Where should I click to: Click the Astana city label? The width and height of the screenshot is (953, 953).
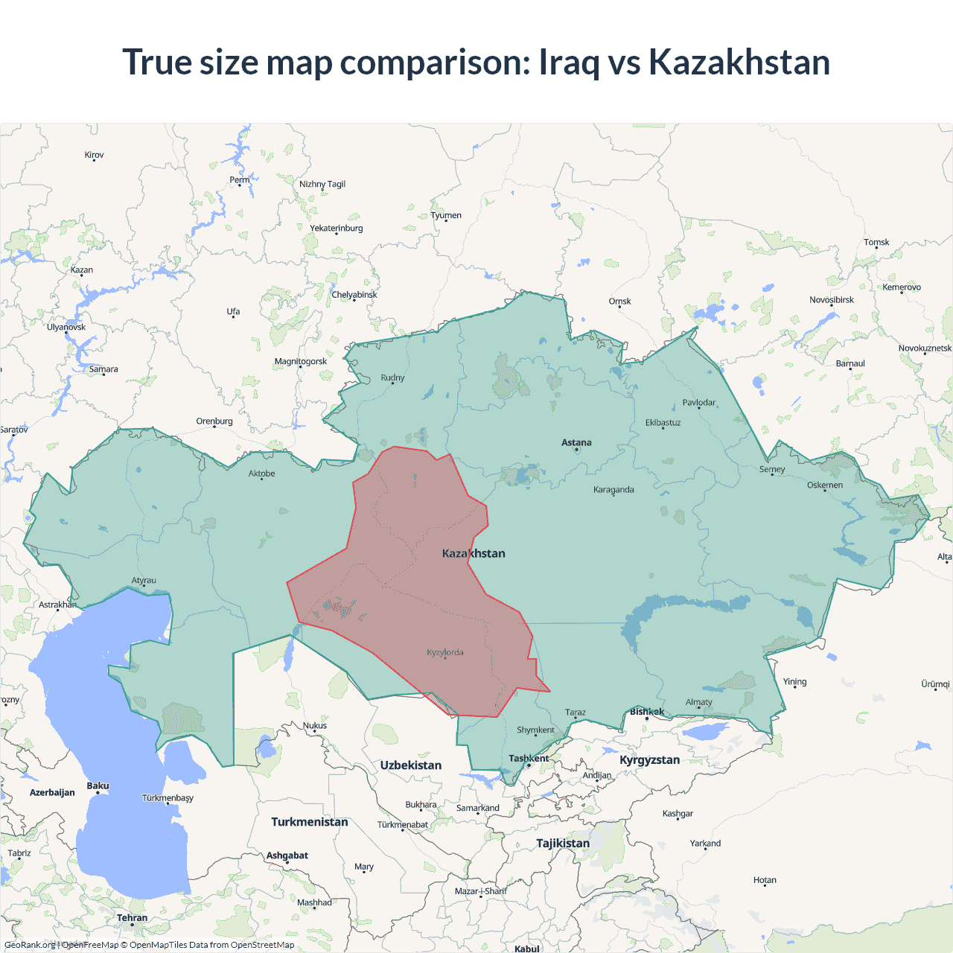pos(576,442)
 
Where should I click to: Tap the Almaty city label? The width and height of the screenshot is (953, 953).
pos(698,702)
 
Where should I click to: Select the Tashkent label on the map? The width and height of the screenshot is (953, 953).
pos(529,758)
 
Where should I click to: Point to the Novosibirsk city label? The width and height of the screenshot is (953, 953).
pos(832,300)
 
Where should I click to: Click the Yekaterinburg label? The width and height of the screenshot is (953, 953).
pos(337,228)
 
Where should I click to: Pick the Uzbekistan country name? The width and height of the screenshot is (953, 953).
pos(410,765)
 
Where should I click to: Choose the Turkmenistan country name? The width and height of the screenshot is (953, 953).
pos(309,822)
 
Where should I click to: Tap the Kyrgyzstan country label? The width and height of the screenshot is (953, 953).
pos(649,760)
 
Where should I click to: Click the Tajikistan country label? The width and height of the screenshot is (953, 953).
pos(563,844)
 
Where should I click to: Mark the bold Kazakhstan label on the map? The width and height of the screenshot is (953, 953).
pos(474,553)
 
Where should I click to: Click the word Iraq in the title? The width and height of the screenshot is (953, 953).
pos(569,62)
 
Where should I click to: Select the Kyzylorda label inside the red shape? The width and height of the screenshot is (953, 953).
pos(445,652)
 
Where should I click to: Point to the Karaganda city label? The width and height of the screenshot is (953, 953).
pos(613,489)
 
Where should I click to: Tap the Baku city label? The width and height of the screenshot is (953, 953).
pos(98,785)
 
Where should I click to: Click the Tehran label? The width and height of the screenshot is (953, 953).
pos(132,917)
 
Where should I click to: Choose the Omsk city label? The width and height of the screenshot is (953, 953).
pos(619,302)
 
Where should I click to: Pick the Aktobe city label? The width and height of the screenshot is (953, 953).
pos(261,474)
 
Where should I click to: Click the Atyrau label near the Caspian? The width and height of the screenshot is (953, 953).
pos(144,581)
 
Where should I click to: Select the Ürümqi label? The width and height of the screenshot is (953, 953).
pos(935,684)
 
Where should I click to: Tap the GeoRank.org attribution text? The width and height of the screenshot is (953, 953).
pos(30,945)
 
